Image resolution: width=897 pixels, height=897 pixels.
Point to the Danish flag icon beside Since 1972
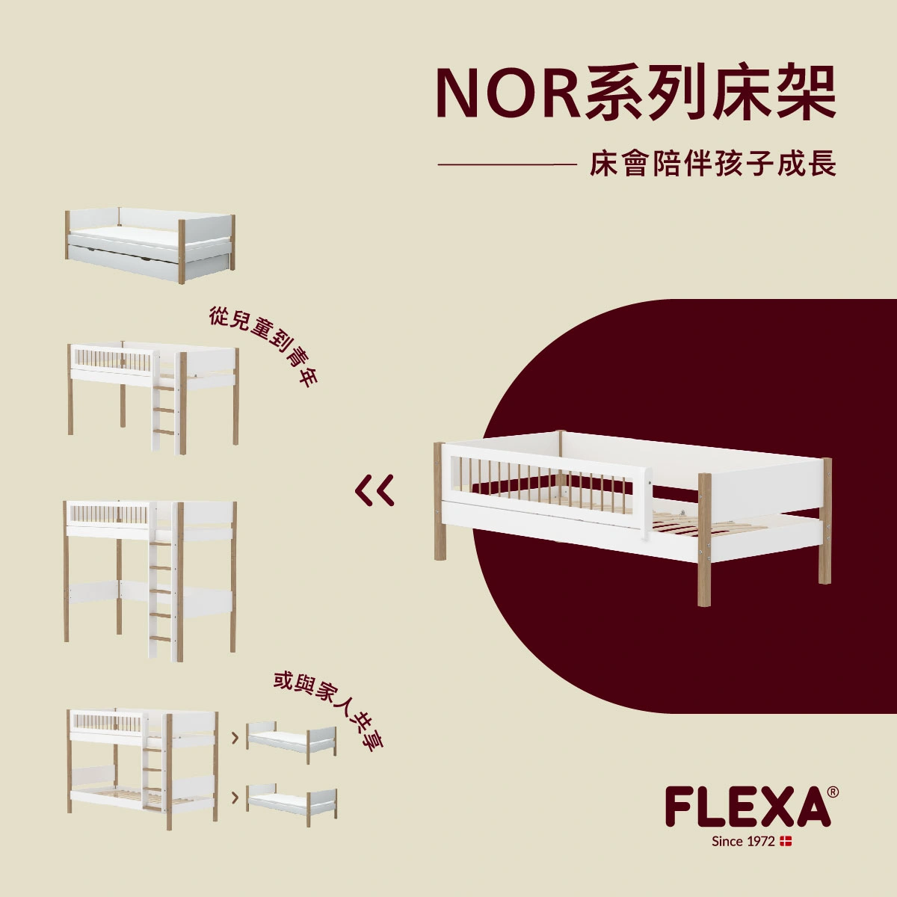[x=786, y=842]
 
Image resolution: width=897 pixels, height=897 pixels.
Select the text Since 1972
[x=743, y=842]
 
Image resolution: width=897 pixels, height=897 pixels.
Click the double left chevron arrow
[x=374, y=490]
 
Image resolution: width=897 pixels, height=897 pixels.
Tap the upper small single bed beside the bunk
[x=292, y=741]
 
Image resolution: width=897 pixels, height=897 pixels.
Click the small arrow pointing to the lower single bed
[x=235, y=798]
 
